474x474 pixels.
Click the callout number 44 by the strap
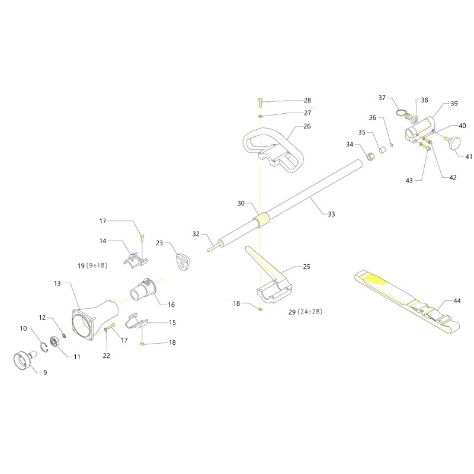456,301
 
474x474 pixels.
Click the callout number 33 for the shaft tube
331,214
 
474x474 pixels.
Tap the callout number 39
454,103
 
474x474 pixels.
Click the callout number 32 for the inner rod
197,233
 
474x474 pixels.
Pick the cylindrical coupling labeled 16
143,291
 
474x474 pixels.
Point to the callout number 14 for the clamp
103,241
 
